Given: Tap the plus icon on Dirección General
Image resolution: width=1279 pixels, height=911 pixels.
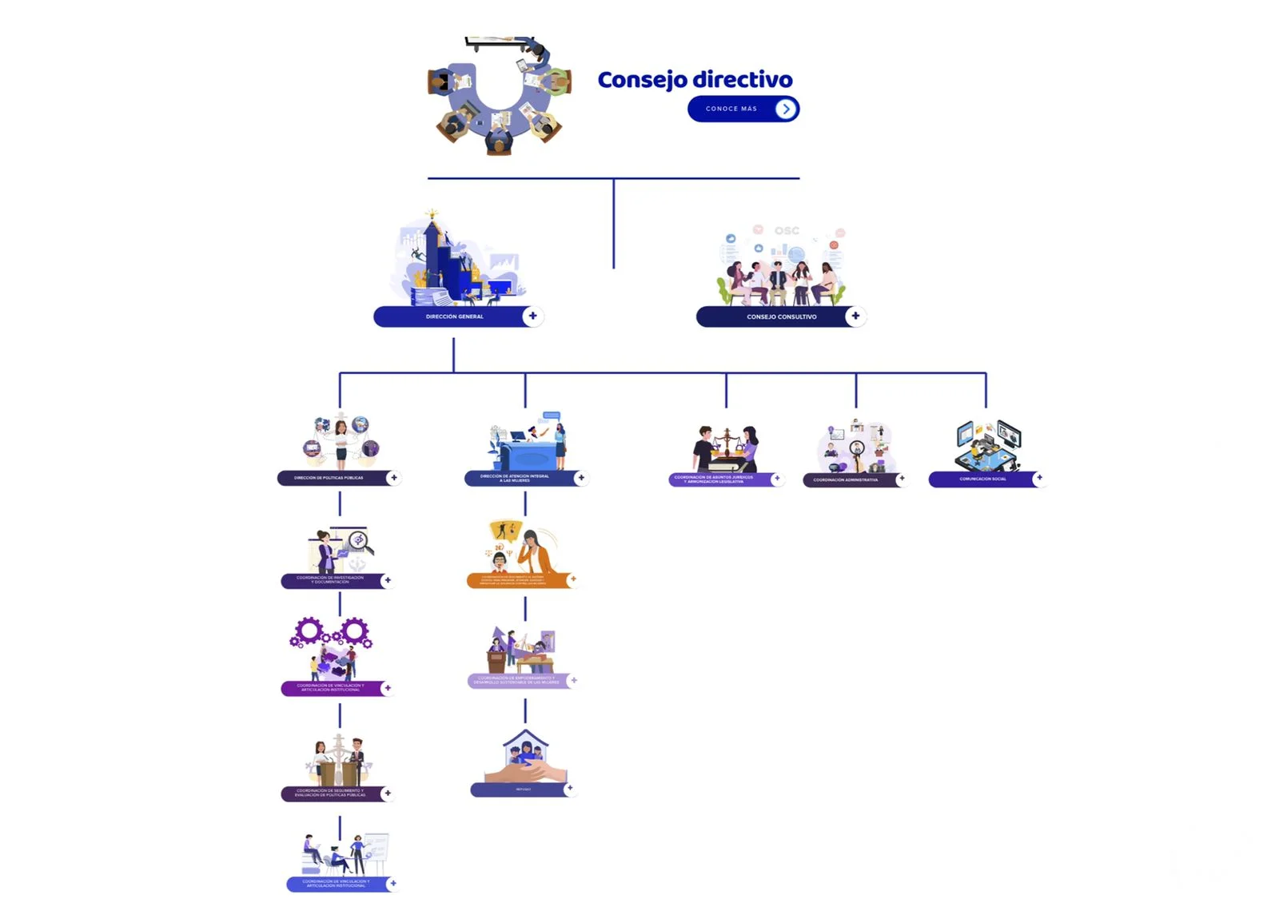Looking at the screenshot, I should [x=532, y=316].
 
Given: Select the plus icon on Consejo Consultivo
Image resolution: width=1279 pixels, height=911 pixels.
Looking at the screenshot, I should [x=855, y=316].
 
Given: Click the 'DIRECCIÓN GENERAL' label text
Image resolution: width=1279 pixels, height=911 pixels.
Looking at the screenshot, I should [x=454, y=317].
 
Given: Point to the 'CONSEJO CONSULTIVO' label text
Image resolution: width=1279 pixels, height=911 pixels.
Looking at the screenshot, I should [x=781, y=317].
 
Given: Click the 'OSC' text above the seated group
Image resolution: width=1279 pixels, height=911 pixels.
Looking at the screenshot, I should [x=787, y=231].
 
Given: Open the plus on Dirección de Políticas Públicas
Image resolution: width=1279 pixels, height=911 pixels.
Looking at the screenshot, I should [x=393, y=478].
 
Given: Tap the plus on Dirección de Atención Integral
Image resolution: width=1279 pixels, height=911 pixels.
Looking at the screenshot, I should [x=581, y=478].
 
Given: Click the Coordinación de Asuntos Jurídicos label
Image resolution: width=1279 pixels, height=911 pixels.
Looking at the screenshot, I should [x=713, y=479].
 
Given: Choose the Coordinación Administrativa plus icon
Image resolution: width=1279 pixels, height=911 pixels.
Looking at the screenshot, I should [x=901, y=479].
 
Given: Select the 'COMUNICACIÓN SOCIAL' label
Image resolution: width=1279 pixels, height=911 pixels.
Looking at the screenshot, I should [x=982, y=479].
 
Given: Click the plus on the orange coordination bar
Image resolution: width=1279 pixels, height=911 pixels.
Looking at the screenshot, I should [x=572, y=579].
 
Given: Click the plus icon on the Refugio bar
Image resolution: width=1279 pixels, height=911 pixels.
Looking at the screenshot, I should [x=569, y=789].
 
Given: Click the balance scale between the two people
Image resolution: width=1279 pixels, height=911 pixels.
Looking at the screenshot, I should [x=727, y=441].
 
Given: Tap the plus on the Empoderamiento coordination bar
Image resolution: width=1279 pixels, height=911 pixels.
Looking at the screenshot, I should [x=573, y=681].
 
